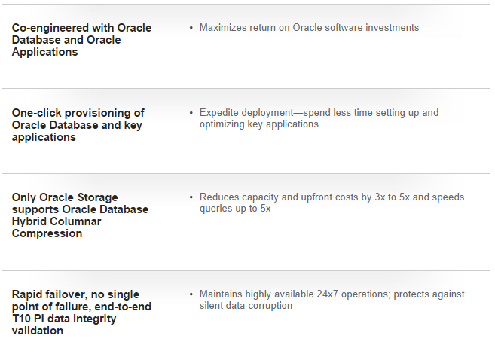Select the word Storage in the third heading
[97, 197]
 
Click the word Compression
[47, 233]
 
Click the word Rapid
[27, 294]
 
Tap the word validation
[38, 331]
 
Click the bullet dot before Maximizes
[191, 28]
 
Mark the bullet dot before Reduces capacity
[191, 197]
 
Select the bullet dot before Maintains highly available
[191, 294]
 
